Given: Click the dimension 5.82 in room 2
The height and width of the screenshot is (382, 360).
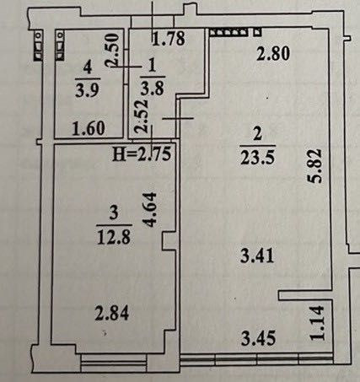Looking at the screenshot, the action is point(314,166).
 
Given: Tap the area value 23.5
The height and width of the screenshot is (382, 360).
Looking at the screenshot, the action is point(257,158).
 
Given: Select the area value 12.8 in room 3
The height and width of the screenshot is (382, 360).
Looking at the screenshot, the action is point(114,237).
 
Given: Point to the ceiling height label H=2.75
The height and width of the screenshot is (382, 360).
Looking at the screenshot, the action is point(142,154).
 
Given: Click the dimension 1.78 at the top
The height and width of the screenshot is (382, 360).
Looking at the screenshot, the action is point(169,39).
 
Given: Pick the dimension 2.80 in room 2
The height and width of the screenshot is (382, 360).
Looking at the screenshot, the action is point(273,53).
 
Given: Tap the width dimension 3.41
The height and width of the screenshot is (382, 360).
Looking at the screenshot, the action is point(257,256).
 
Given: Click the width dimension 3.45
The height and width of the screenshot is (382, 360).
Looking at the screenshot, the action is point(258,337).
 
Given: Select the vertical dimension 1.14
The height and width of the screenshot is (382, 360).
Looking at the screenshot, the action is point(317,323).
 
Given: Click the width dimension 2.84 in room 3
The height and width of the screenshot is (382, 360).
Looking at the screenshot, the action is point(112,313).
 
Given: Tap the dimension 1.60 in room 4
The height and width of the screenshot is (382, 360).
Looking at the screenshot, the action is point(89,128).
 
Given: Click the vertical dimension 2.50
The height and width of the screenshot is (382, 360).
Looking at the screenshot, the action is point(112,50).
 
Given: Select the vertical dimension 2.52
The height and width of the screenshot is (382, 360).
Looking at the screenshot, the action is point(141,116).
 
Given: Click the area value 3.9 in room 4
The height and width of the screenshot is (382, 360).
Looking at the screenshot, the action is point(88,90).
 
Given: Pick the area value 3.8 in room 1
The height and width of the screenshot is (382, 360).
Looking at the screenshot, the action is point(153,89).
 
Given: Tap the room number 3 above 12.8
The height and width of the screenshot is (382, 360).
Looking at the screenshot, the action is point(114,213).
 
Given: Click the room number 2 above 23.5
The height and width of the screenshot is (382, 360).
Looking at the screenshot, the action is point(257,134).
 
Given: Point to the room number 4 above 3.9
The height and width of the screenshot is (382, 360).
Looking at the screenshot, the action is point(88,67).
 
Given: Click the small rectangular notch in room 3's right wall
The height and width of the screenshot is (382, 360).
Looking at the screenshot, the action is point(169,240).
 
